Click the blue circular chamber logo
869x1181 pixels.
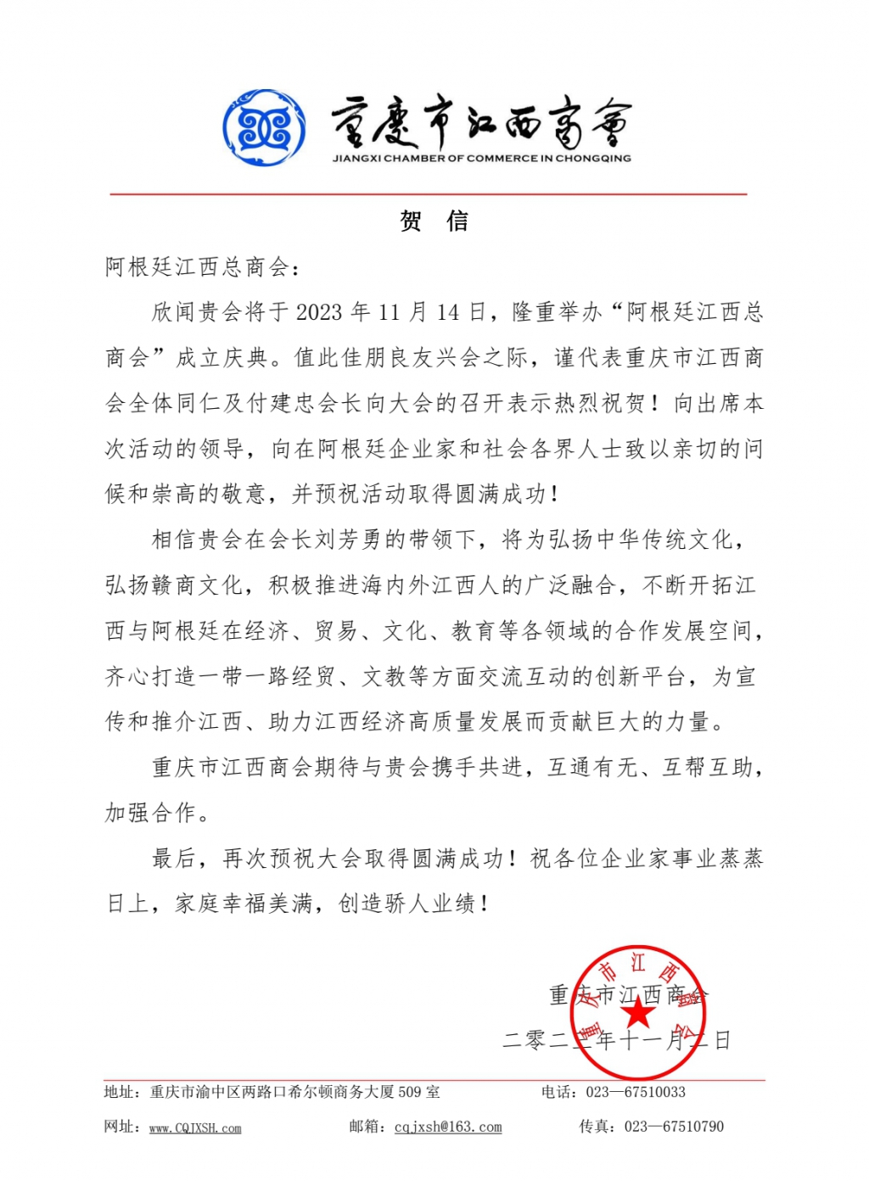tap(264, 128)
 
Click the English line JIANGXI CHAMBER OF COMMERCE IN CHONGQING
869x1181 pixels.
tap(481, 159)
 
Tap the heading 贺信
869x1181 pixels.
tap(434, 222)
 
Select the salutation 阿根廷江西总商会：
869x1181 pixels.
tap(202, 268)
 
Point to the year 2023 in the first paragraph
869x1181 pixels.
tap(318, 313)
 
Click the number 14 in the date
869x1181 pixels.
tap(447, 313)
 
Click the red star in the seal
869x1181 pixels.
tap(639, 1012)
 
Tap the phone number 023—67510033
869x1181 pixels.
tap(635, 1092)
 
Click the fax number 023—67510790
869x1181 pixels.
tap(674, 1127)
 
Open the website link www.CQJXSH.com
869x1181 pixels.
tap(195, 1128)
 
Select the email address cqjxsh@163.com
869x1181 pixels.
tap(448, 1128)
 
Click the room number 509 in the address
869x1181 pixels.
tap(410, 1092)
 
